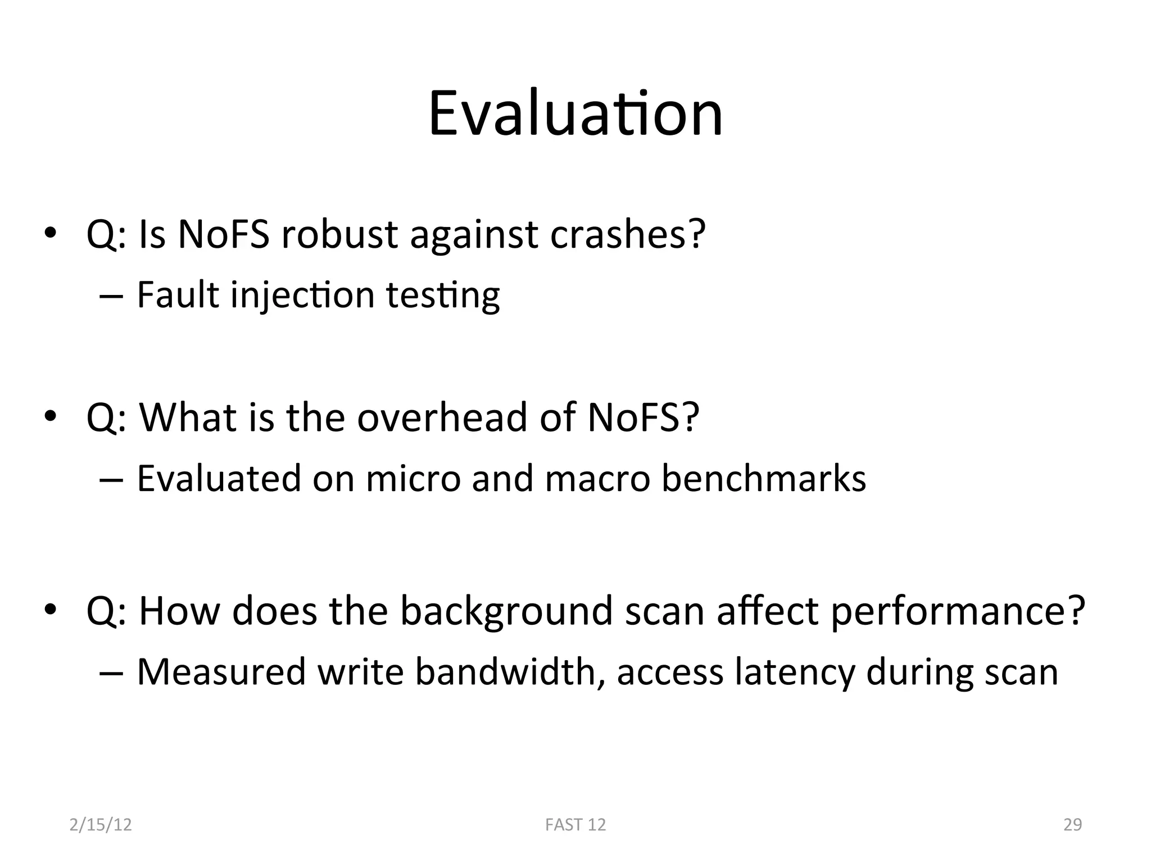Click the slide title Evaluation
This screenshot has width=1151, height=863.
tap(575, 115)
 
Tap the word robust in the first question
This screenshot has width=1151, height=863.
tap(339, 234)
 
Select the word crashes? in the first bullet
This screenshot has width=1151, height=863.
tap(627, 234)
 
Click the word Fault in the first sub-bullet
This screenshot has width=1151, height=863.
tap(177, 294)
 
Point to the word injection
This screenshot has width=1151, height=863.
tap(302, 296)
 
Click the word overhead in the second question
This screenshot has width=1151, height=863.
tap(442, 417)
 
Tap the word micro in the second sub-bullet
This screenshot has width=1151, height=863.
tap(413, 479)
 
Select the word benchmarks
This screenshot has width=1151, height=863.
tap(764, 479)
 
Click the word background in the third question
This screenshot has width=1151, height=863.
tap(506, 611)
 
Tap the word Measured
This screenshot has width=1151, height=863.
tap(221, 672)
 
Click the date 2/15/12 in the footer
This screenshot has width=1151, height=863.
tap(101, 825)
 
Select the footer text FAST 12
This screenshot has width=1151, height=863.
tap(575, 825)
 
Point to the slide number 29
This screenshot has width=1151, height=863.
tap(1072, 825)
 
